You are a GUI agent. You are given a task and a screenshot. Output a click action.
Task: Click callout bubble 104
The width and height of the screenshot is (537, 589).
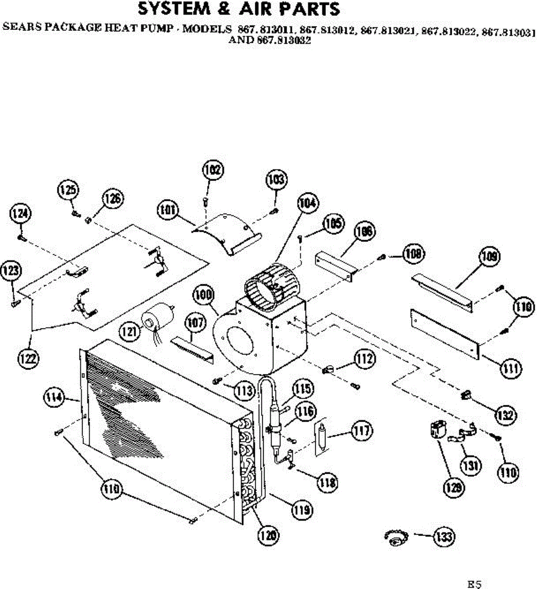[x=308, y=203]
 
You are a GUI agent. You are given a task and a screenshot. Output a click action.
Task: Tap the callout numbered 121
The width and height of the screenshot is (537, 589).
[x=130, y=332]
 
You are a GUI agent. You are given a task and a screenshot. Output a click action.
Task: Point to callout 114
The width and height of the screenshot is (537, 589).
[x=54, y=397]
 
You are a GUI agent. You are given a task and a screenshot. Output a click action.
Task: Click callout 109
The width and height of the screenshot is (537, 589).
[x=491, y=257]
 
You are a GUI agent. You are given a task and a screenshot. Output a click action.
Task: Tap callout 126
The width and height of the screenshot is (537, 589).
[x=112, y=199]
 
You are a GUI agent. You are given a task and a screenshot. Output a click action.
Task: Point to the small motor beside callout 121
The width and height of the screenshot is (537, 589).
[x=159, y=317]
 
